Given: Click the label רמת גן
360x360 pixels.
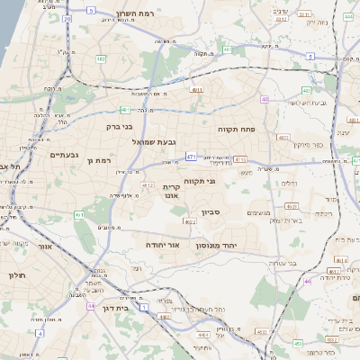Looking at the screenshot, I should point(94,159).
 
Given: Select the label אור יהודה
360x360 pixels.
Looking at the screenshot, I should point(163,245).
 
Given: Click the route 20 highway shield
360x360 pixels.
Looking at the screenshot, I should point(67,18).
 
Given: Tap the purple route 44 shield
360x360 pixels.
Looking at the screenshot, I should point(91,306).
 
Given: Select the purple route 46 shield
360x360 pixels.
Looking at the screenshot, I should point(308,281).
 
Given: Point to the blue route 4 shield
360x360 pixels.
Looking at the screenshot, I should point(40,333).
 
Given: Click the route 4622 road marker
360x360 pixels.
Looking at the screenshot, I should point(189,221).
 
